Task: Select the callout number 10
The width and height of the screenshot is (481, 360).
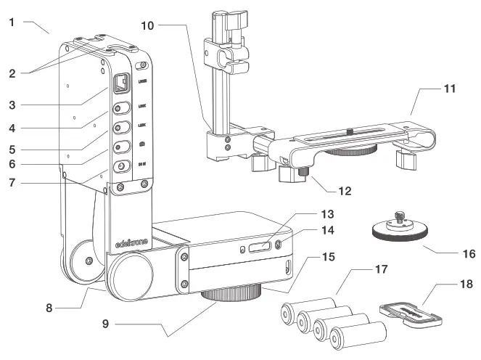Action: tap(147, 26)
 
